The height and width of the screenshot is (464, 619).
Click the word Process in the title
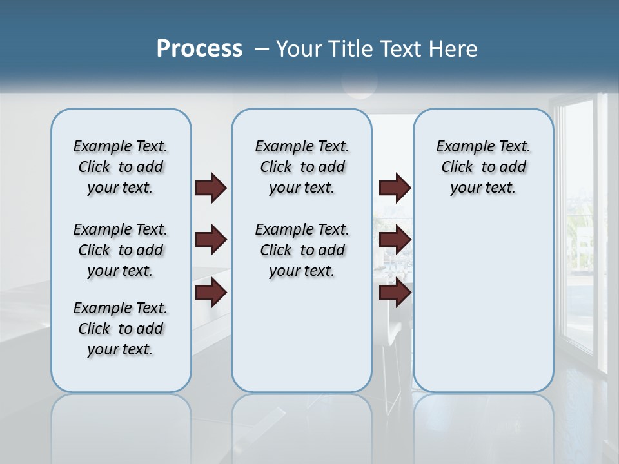click(199, 48)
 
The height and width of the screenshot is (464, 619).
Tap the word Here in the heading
click(454, 49)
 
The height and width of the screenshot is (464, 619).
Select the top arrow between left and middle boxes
click(211, 188)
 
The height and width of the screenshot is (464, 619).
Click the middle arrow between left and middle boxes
click(211, 240)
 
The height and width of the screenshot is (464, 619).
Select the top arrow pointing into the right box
click(395, 188)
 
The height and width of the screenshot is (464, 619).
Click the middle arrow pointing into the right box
click(395, 240)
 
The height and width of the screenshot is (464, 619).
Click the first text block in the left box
click(121, 167)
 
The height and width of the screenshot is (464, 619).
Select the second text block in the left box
click(121, 250)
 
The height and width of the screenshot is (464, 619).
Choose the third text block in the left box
click(121, 329)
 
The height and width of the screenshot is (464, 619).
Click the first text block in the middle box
click(302, 167)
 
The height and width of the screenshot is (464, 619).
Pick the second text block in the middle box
click(302, 250)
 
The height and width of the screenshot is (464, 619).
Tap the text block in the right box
click(483, 167)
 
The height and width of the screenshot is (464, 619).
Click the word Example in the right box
click(460, 146)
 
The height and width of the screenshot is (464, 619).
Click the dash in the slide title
click(261, 49)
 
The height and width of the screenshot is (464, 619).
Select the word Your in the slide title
click(299, 49)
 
